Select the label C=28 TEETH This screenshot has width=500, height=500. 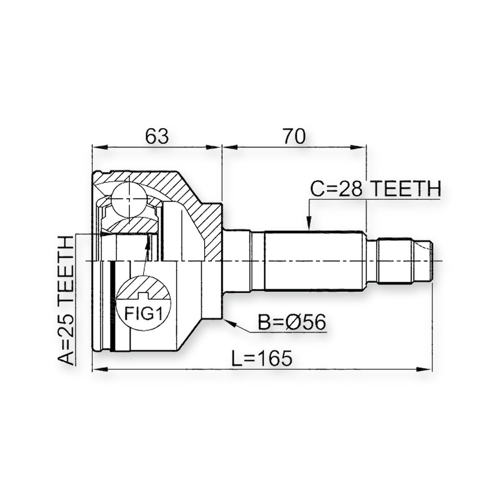click(376, 188)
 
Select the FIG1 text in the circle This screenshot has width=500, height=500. click(143, 313)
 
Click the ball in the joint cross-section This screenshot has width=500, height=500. click(128, 200)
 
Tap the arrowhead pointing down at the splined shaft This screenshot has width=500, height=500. click(309, 223)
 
